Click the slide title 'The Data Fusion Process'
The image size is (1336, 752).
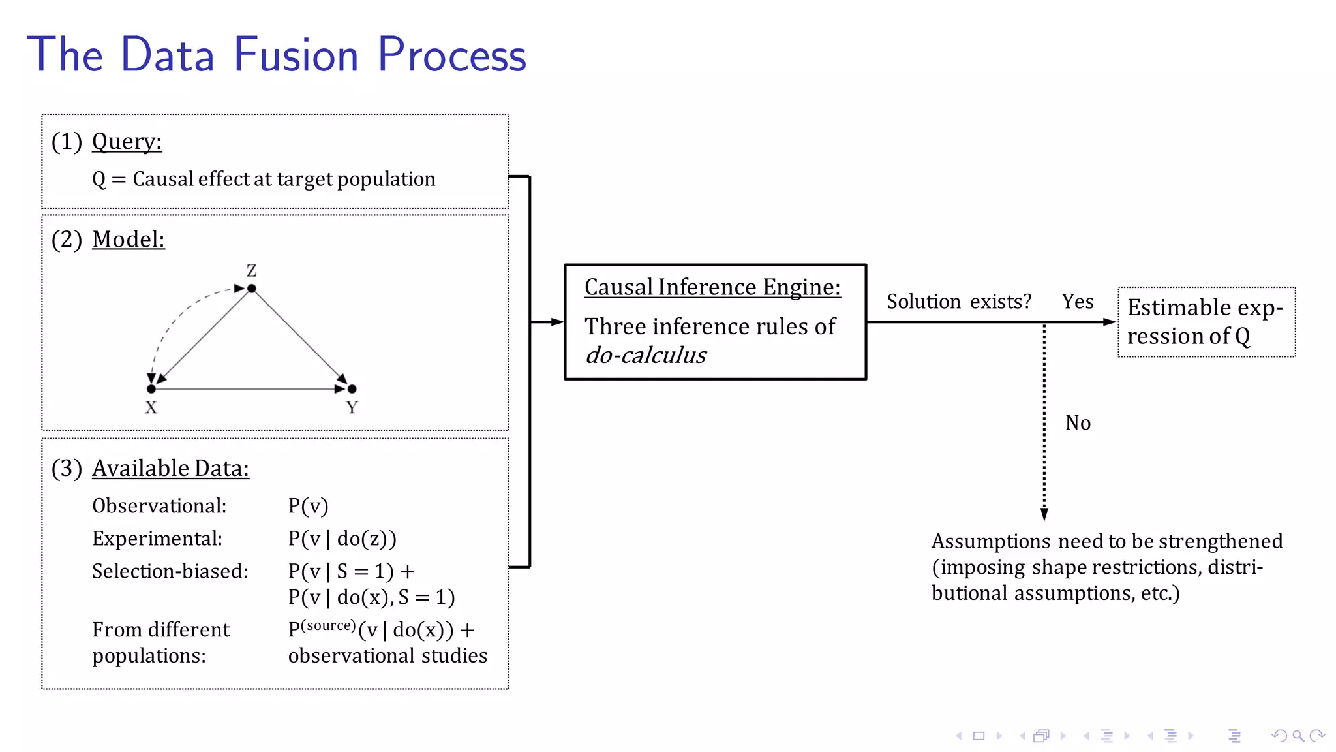(x=276, y=55)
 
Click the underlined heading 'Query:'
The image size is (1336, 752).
(x=127, y=141)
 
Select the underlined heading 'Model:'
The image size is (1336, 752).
(x=128, y=239)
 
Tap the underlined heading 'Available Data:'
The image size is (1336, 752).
(x=170, y=468)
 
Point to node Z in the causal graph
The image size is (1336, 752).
(x=252, y=288)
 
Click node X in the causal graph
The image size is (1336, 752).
(x=151, y=389)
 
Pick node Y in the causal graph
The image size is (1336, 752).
(x=352, y=389)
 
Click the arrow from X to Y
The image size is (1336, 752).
(x=251, y=389)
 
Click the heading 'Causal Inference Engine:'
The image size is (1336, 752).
(x=712, y=287)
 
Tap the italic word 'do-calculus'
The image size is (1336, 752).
(x=646, y=355)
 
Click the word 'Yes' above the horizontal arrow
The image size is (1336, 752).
(x=1077, y=301)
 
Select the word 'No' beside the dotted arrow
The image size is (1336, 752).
(x=1078, y=422)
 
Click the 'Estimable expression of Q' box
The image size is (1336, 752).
(x=1206, y=322)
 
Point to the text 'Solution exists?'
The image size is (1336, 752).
(x=958, y=301)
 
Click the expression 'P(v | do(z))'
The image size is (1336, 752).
(x=342, y=539)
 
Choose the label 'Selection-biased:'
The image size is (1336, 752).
(x=170, y=571)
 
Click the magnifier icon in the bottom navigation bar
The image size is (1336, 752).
(x=1298, y=736)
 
